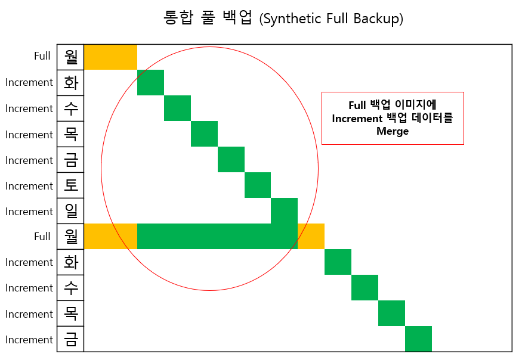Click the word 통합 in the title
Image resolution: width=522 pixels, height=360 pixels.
[178, 17]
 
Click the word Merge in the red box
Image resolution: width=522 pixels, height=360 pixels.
[393, 131]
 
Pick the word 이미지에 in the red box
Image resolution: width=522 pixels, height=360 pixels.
[415, 105]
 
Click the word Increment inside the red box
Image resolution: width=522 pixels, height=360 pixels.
[357, 119]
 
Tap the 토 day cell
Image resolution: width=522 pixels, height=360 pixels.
[70, 185]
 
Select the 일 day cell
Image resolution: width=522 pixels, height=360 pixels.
[70, 211]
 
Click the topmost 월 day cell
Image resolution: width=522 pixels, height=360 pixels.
[70, 57]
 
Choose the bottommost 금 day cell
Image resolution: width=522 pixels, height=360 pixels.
[70, 339]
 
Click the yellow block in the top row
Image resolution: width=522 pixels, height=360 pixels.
[110, 57]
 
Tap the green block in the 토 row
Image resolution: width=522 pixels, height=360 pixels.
[258, 185]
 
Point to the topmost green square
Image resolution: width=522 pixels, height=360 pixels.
[151, 82]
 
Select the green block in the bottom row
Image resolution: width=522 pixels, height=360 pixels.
[418, 339]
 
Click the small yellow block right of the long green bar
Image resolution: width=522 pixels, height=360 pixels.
[311, 236]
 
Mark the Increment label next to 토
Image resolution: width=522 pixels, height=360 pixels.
[29, 186]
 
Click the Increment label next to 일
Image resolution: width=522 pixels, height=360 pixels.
[29, 212]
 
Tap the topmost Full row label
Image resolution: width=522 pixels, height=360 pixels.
[42, 56]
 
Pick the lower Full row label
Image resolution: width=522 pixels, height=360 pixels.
[42, 237]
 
